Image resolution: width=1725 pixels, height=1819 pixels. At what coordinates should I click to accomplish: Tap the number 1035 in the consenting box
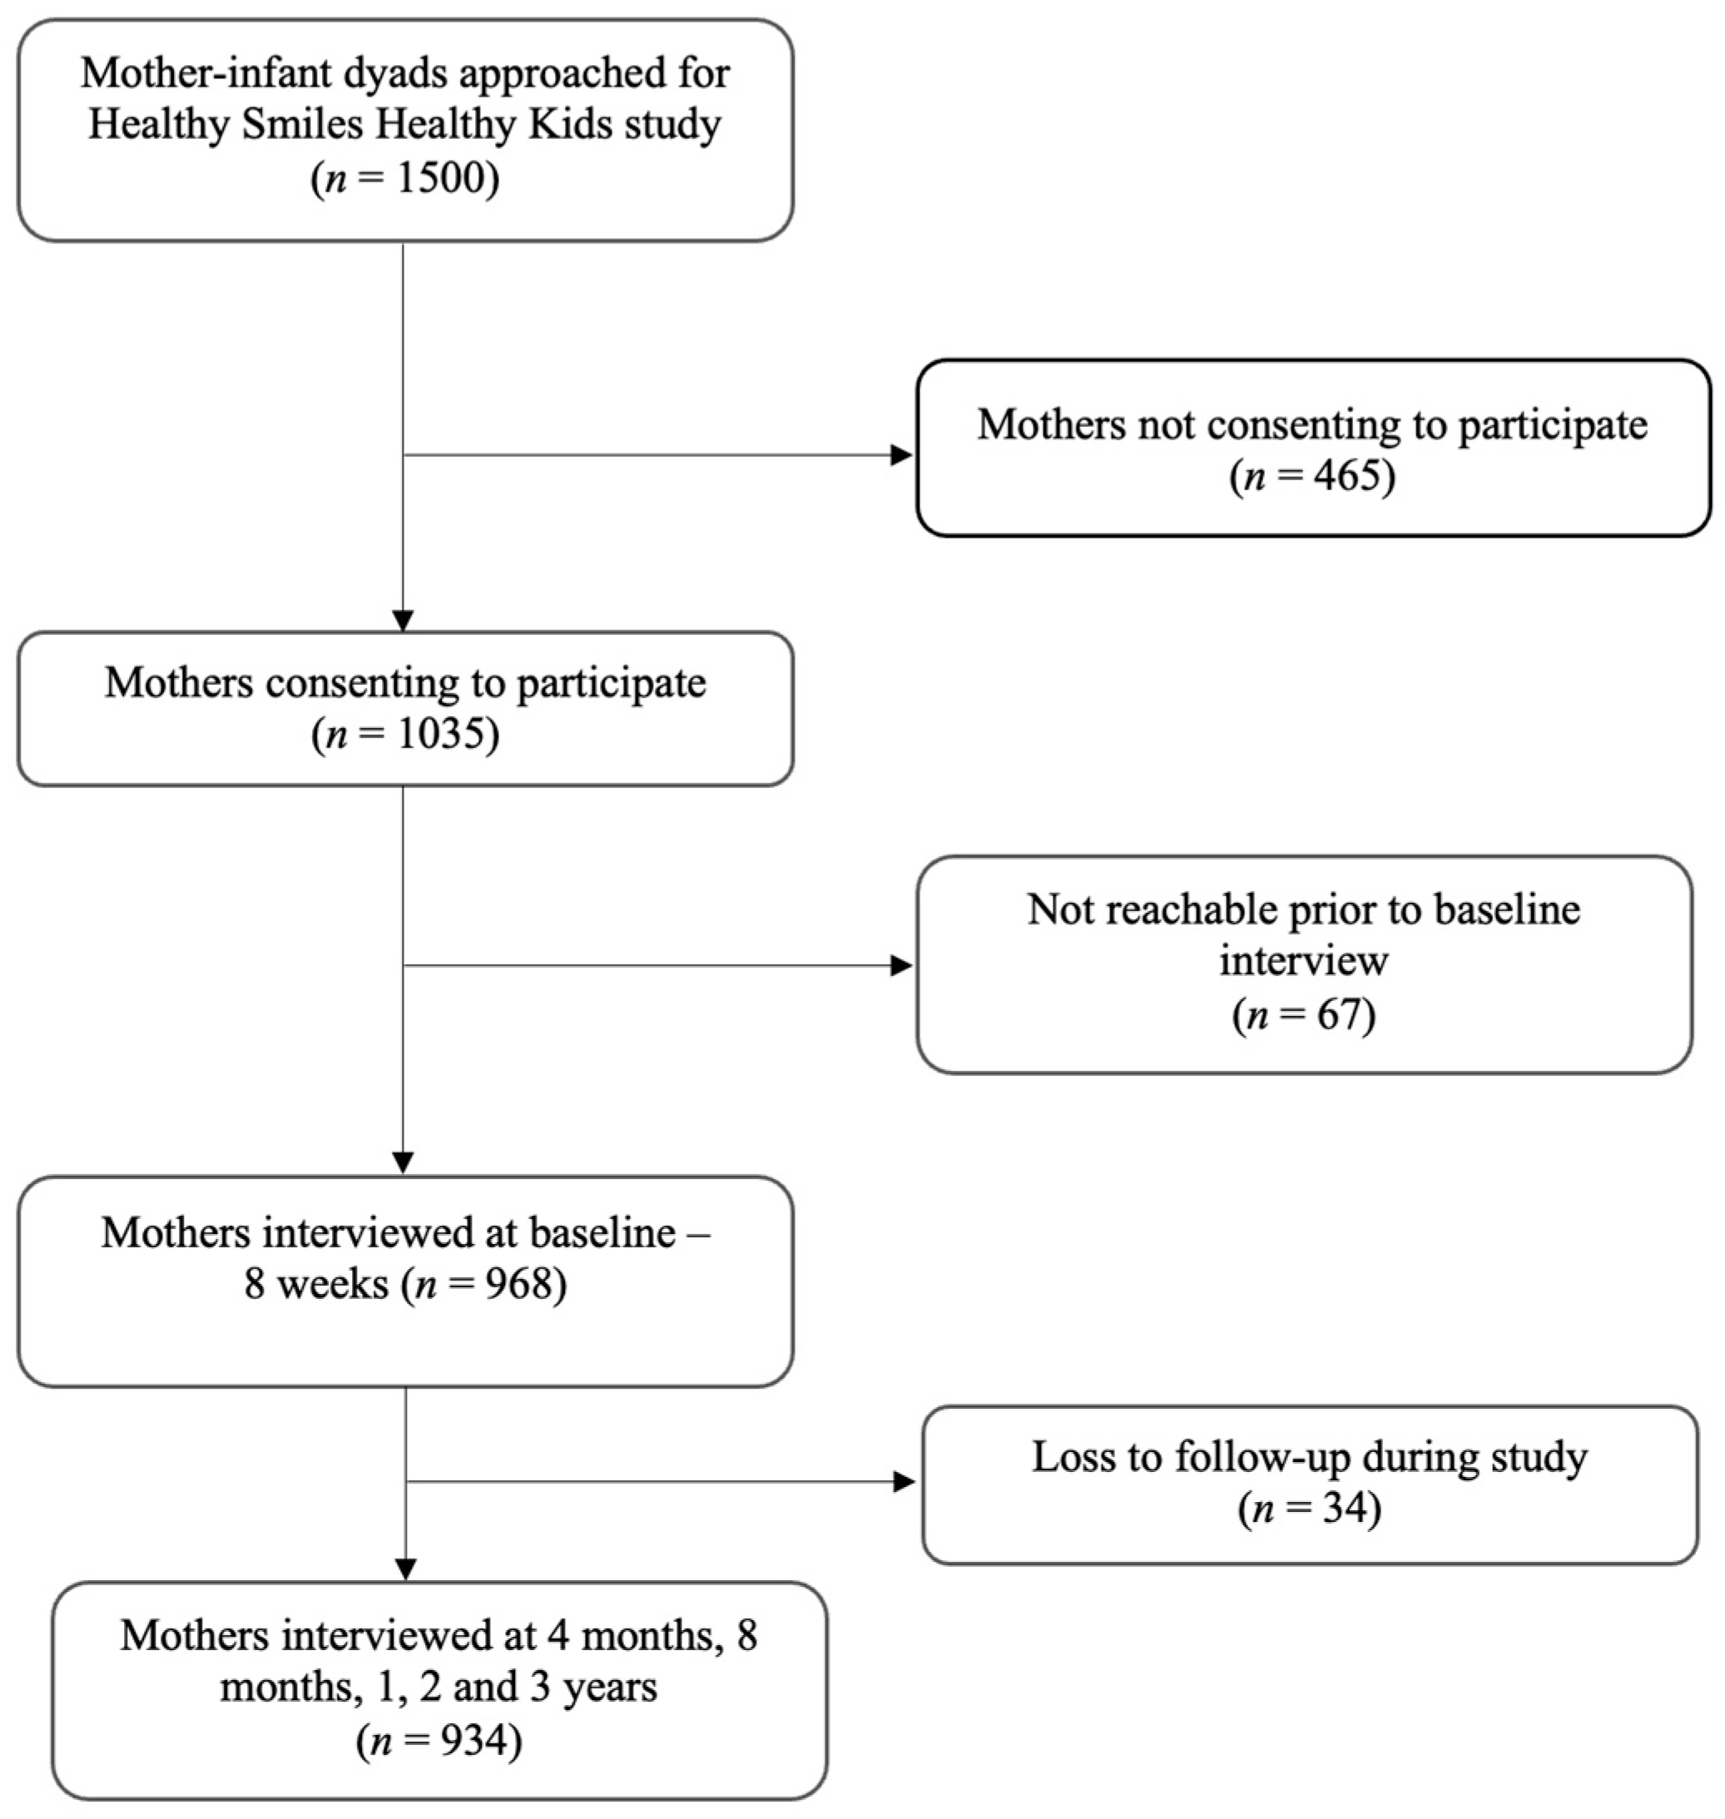tap(440, 735)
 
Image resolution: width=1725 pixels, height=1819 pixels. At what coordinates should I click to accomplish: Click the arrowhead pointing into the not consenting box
tap(901, 455)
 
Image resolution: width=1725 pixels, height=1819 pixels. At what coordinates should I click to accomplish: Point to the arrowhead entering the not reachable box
tap(901, 965)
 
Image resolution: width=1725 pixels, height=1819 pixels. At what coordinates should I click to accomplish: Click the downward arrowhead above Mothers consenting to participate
tap(403, 620)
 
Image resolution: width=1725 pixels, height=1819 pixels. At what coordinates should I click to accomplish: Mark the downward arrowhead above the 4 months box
tap(405, 1569)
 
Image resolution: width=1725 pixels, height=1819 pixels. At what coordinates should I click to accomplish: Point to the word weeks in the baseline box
tap(333, 1284)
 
